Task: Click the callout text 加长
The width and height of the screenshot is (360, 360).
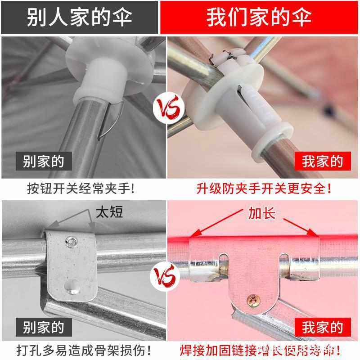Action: click(x=261, y=212)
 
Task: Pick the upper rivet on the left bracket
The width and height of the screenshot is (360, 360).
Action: click(x=71, y=242)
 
